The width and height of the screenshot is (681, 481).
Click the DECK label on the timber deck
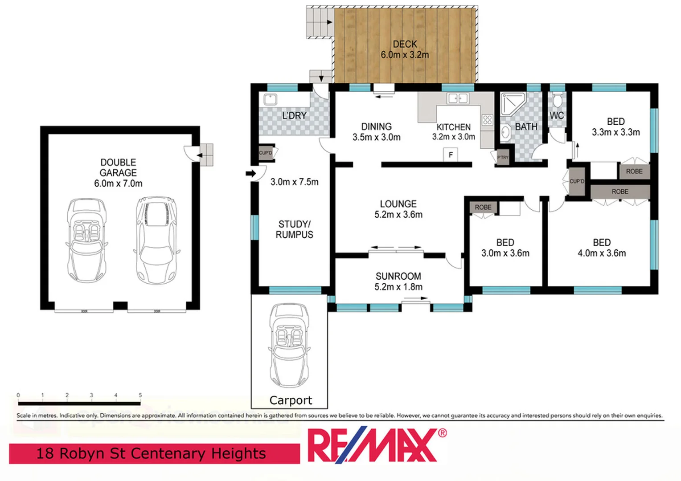[405, 44]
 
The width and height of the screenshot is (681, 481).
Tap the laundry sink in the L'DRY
[270, 99]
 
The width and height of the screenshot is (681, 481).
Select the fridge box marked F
[451, 155]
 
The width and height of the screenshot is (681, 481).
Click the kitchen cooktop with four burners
[487, 120]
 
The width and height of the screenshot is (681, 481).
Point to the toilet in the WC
[558, 100]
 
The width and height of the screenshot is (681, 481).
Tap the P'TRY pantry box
[503, 158]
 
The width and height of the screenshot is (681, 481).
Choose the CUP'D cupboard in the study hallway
[266, 153]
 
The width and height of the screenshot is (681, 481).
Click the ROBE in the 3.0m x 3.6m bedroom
[483, 207]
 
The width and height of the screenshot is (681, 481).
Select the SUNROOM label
[398, 276]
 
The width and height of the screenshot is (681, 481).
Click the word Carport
[291, 400]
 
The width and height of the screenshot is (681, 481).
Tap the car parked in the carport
[289, 345]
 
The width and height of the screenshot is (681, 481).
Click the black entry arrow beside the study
[251, 173]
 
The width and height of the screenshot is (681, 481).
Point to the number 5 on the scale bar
[140, 395]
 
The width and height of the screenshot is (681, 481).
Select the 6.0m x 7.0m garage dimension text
[118, 183]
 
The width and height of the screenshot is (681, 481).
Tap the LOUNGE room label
[398, 204]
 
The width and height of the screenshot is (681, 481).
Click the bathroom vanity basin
[505, 132]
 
